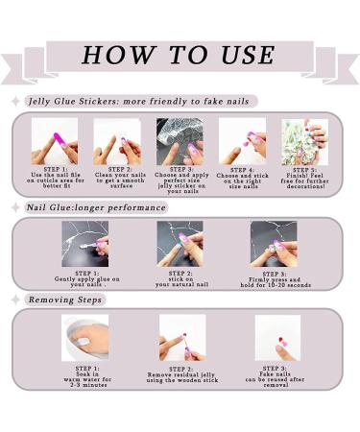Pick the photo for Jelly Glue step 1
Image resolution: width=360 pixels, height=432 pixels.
click(55, 141)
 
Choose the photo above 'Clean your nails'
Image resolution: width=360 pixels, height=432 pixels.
click(117, 141)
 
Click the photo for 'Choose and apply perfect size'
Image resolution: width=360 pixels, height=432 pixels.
click(180, 141)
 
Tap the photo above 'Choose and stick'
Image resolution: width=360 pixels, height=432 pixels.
click(242, 141)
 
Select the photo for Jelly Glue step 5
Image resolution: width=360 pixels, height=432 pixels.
click(304, 141)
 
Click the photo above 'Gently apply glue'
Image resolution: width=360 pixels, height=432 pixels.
click(85, 244)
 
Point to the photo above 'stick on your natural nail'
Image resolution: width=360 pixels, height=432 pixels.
click(180, 244)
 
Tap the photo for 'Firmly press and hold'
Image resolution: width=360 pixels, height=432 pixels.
click(274, 244)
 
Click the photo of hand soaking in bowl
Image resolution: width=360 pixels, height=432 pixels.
click(85, 338)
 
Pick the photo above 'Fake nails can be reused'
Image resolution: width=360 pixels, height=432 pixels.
click(277, 338)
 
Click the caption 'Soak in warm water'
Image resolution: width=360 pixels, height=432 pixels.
click(85, 378)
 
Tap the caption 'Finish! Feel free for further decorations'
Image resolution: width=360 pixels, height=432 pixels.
click(304, 180)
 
